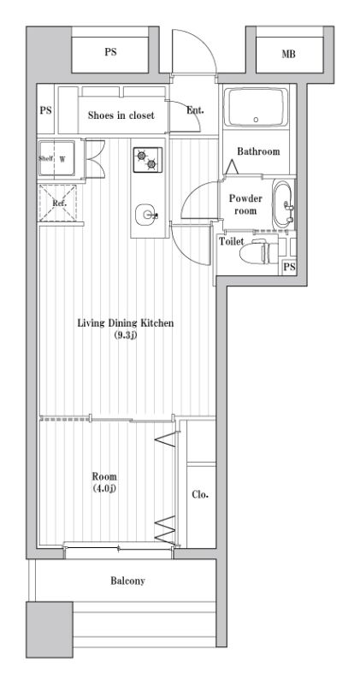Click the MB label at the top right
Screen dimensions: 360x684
click(288, 54)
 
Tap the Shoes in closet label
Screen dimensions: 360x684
click(121, 115)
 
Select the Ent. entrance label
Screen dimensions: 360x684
click(195, 110)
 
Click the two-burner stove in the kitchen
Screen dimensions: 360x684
click(147, 160)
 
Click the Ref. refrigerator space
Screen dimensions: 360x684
click(57, 203)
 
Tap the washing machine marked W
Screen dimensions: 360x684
click(56, 157)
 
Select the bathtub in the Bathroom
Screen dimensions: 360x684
click(256, 107)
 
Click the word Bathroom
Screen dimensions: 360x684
click(258, 151)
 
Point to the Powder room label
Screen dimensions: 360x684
click(245, 204)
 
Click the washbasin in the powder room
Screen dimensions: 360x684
click(284, 204)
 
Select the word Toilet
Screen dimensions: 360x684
click(231, 241)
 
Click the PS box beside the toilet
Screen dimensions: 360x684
click(289, 267)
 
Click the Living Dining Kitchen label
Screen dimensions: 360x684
click(126, 323)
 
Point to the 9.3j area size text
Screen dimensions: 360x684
click(126, 335)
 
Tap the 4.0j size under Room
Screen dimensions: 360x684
click(104, 487)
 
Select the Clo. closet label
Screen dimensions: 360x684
click(200, 495)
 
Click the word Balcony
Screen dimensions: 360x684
click(127, 581)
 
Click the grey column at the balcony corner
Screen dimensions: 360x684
click(50, 629)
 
